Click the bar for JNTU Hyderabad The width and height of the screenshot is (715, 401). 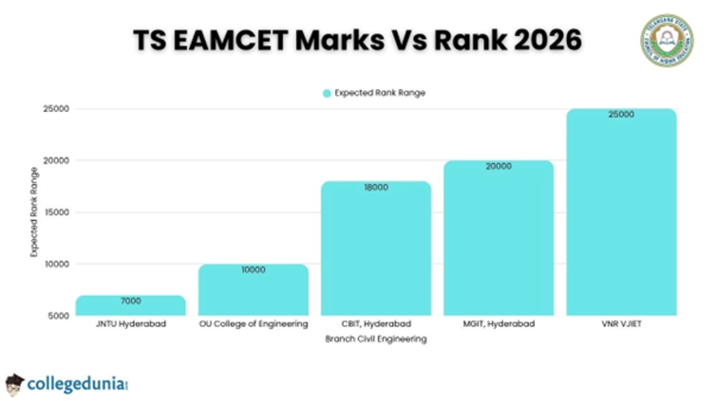tap(130, 306)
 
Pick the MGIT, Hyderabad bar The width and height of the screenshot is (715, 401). tap(498, 239)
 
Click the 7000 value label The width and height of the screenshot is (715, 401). tap(130, 301)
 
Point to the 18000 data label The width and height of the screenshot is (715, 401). tap(375, 187)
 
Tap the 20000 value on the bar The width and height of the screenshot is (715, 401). tap(498, 167)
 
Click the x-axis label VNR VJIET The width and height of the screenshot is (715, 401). tap(621, 324)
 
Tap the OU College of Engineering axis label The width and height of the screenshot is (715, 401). tap(253, 324)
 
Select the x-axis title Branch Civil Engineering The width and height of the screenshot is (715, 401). tap(375, 339)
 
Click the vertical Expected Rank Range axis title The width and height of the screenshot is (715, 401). tap(34, 212)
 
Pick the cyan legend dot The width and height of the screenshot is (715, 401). tap(327, 93)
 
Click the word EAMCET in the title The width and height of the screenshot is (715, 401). tap(239, 40)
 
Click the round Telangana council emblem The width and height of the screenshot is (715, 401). tap(667, 40)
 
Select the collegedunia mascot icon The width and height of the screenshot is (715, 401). tap(14, 384)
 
